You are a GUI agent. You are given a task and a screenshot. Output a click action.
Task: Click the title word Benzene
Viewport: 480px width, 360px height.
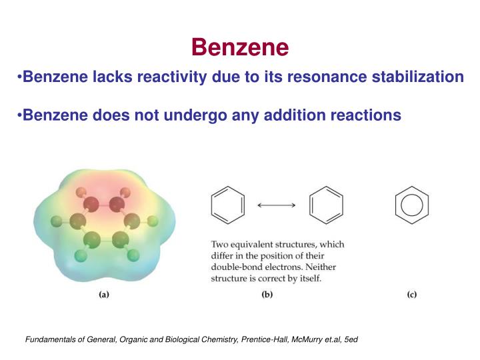coord(240,47)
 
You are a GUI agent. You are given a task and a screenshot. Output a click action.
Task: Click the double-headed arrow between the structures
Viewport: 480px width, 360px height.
coord(277,205)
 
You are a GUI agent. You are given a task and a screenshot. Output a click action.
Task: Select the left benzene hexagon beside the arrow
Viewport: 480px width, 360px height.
coord(228,205)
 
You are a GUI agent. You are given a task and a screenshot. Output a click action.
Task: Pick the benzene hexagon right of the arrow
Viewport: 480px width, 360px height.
coord(327,205)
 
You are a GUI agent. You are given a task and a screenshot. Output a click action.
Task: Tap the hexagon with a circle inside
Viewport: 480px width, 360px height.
coord(411,205)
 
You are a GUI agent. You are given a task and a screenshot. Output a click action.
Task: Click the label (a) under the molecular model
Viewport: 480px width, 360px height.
coord(104,295)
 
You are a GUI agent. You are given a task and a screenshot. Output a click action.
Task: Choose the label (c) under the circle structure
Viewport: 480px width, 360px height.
coord(411,295)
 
